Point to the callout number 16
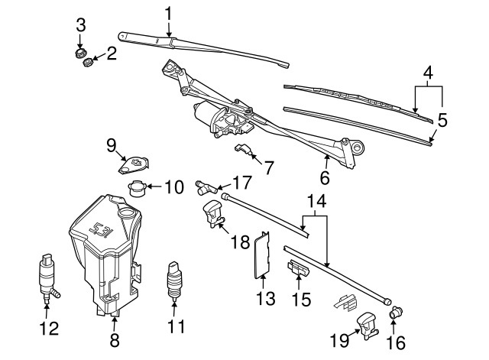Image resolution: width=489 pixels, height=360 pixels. pos(397,343)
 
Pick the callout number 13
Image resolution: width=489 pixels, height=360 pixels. pos(265,298)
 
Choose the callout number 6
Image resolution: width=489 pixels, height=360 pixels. pos(326,178)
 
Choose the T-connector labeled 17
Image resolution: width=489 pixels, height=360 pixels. pos(206,186)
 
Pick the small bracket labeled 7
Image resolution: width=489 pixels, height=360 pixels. pos(245,148)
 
